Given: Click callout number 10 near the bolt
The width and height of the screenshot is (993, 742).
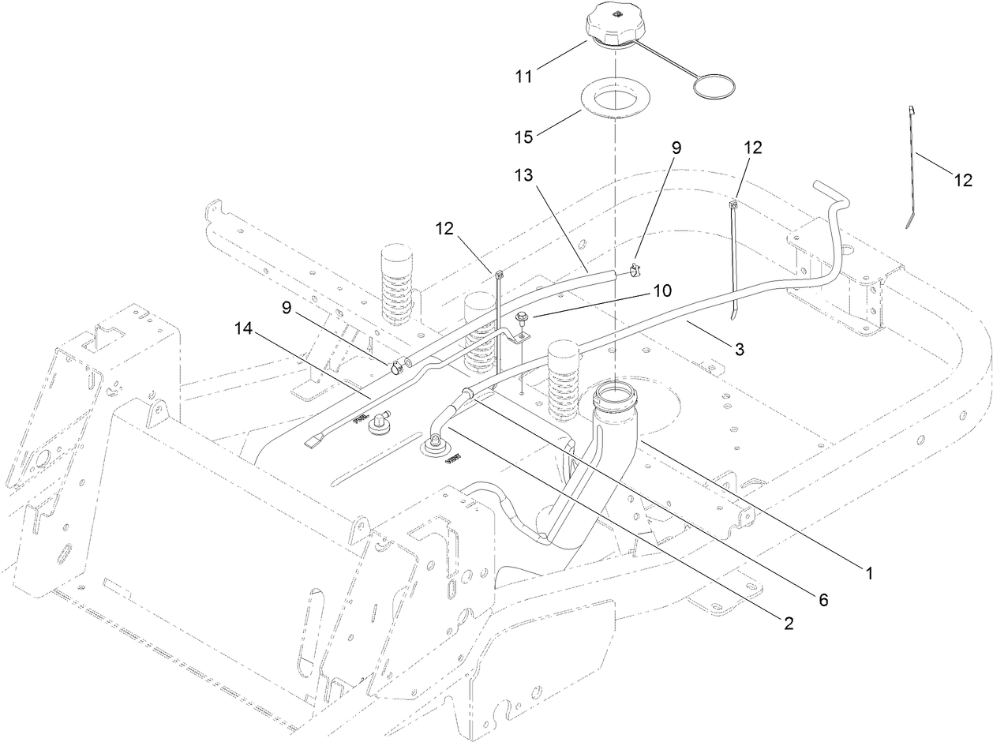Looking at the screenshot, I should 661,290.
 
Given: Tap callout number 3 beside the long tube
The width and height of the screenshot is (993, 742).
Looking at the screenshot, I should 739,347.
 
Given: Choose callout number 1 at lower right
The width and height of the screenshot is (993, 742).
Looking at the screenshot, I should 869,573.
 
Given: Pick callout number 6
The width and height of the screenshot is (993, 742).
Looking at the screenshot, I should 823,600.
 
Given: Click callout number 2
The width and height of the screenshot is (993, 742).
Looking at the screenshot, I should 787,624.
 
